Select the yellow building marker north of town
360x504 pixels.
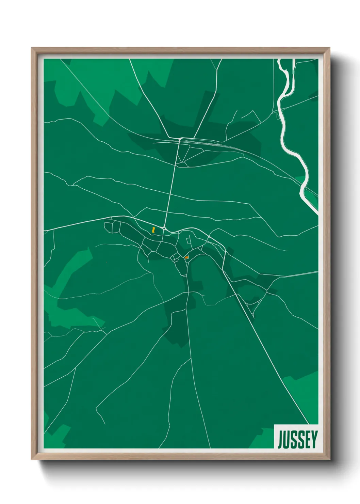coord(154,230)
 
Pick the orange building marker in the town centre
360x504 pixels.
coord(186,257)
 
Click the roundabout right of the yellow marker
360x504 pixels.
coord(164,229)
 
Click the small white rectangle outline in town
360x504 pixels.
coord(188,241)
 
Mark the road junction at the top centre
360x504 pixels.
coord(180,139)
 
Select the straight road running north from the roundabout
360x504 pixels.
coord(172,184)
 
